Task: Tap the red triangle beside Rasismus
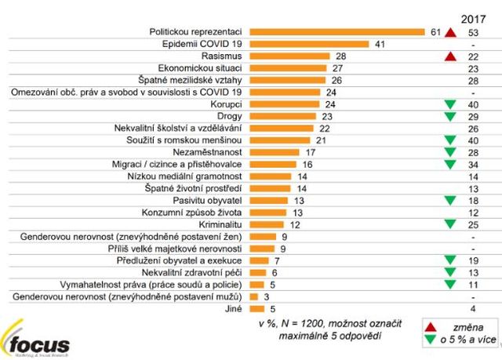[x=449, y=57]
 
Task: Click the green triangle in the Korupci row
[x=449, y=105]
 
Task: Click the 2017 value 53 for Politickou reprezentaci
[x=473, y=32]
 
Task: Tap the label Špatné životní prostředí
[x=197, y=188]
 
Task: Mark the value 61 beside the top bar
[x=437, y=32]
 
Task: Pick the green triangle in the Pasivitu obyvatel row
[x=449, y=201]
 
